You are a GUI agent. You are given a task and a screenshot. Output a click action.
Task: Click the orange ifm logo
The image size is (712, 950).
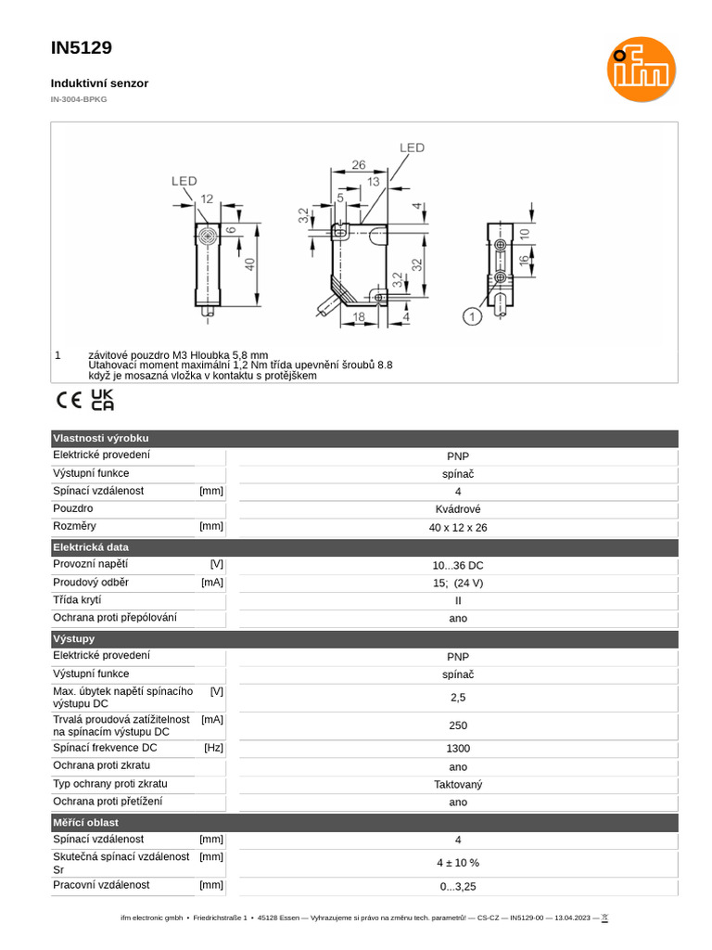[642, 70]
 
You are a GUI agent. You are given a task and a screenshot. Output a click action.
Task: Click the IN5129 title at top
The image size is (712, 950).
[82, 48]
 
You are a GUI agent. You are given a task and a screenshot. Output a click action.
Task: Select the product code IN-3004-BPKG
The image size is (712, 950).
[79, 99]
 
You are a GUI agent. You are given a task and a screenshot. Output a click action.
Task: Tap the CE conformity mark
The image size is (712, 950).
[69, 401]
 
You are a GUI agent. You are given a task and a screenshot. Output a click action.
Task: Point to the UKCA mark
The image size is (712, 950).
[103, 400]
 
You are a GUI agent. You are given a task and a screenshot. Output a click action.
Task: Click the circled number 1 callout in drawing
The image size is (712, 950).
[473, 317]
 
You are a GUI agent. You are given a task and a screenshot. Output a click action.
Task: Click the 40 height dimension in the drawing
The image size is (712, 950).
[249, 263]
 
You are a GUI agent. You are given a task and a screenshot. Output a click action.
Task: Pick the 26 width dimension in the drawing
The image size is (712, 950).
[359, 165]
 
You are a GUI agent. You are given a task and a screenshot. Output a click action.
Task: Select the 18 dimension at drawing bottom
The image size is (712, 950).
[358, 317]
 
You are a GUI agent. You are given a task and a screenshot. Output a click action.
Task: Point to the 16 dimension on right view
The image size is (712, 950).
[524, 261]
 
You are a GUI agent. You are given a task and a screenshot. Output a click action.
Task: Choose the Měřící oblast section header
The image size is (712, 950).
[85, 822]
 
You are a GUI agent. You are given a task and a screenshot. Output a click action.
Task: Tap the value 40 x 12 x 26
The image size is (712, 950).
[458, 527]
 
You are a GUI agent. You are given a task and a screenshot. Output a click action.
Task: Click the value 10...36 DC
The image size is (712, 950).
[458, 565]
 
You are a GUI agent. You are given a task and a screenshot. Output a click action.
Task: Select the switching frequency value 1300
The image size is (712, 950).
[458, 748]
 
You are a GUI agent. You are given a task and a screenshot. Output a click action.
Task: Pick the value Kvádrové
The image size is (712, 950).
[458, 509]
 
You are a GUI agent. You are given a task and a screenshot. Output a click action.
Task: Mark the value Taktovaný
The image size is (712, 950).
[458, 784]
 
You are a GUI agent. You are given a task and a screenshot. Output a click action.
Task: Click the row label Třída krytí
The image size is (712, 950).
[77, 600]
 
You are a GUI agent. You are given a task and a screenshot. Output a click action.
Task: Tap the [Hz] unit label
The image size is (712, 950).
[213, 748]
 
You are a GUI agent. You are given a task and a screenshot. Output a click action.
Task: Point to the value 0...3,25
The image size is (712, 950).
[458, 886]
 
